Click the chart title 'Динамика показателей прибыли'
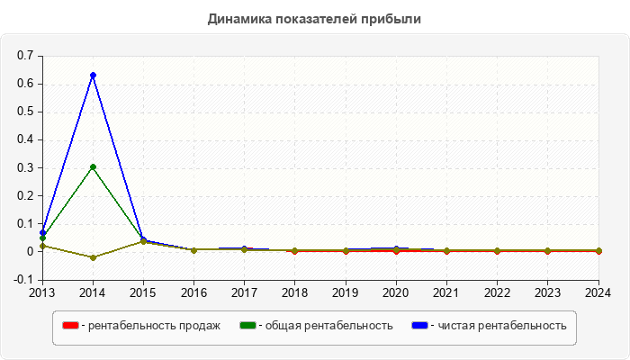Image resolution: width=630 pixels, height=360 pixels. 314,18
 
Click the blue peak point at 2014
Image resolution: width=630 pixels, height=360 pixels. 93,75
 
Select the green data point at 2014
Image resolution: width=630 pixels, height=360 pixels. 93,166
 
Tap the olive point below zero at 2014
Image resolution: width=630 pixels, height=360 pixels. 93,257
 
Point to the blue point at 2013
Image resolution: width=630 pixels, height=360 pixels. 42,232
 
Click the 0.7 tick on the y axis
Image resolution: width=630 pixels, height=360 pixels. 25,56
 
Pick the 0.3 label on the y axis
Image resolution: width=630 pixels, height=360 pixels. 25,167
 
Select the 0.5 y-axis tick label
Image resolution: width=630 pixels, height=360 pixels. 25,112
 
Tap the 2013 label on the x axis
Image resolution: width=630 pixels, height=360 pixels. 42,292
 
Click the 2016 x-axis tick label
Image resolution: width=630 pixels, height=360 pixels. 193,292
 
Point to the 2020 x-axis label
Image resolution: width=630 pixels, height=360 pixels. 396,292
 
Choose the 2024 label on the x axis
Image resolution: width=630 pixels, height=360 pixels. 598,292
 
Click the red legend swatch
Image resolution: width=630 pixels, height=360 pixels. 69,325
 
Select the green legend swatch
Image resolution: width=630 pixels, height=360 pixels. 247,325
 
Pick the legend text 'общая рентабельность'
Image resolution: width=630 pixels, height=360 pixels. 328,325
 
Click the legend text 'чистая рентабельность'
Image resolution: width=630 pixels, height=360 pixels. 501,325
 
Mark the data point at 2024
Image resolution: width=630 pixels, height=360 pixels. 598,250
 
